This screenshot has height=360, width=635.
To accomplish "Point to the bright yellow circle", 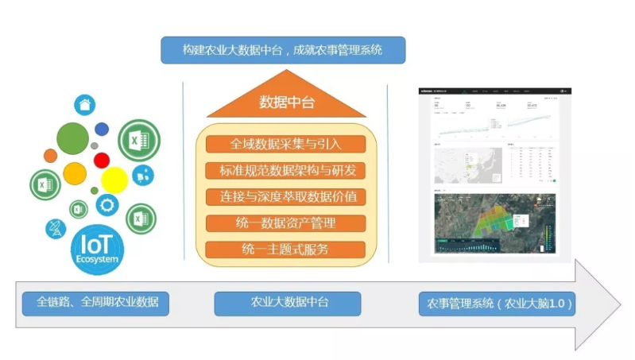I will (x=114, y=180).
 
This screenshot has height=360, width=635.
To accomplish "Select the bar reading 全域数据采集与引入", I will (x=285, y=144).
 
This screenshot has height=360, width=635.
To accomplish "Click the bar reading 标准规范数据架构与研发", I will (x=285, y=170).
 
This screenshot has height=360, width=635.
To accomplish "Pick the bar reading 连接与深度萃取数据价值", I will (x=285, y=196).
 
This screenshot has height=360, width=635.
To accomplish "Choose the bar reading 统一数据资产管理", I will (x=285, y=223).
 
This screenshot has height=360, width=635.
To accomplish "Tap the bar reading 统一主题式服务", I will (x=285, y=250).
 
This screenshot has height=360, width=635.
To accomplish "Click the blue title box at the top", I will (x=282, y=50).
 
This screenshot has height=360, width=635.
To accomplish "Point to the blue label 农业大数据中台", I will (x=287, y=303).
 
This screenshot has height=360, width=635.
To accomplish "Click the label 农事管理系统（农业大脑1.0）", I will (x=496, y=303).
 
